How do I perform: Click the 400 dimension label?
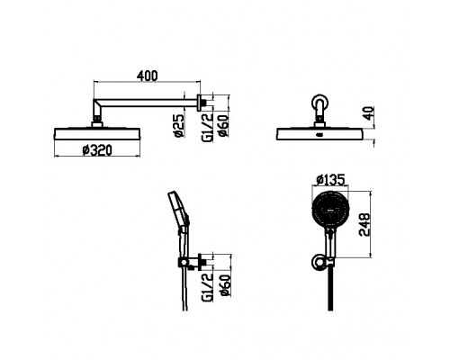click(x=147, y=76)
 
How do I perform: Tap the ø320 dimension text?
click(x=97, y=150)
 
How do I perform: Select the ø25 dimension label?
click(x=179, y=125)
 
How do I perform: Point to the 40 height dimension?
click(x=369, y=112)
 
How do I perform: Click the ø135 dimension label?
click(x=330, y=180)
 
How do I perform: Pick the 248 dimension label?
click(x=364, y=225)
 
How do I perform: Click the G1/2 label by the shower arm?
click(x=207, y=127)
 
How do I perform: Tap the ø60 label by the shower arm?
click(x=224, y=125)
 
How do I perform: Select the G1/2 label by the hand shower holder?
click(x=207, y=287)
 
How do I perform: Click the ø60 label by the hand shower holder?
click(x=226, y=285)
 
